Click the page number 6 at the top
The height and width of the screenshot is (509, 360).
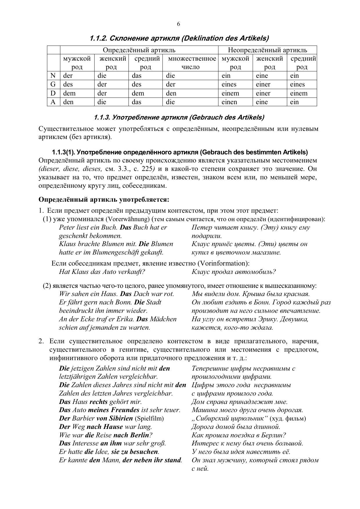(x=178, y=24)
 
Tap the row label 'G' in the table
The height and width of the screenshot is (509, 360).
(x=53, y=84)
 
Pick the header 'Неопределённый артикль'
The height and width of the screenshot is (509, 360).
(x=267, y=50)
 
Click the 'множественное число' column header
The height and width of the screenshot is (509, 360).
(x=191, y=63)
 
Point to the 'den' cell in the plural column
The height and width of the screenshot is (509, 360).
(x=171, y=93)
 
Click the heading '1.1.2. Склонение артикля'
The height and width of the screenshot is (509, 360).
(x=179, y=38)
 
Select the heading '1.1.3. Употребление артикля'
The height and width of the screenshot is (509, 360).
(x=179, y=118)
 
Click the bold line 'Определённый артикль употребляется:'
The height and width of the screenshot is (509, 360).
(x=104, y=200)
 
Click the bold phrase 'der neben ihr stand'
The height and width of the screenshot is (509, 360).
(x=152, y=460)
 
